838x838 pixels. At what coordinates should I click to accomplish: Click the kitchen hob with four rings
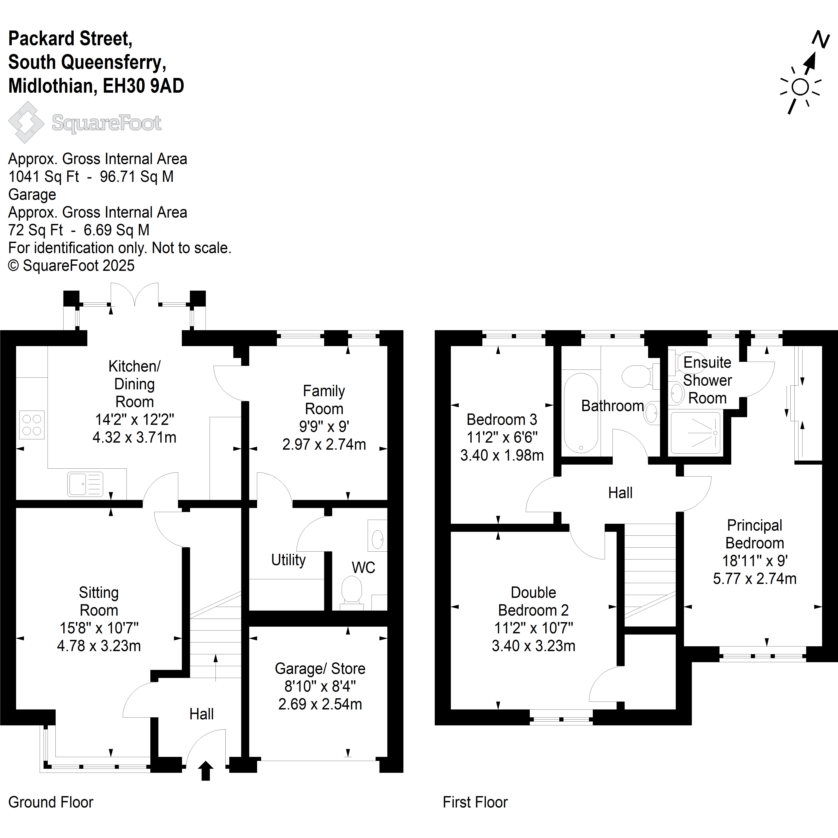[32, 425]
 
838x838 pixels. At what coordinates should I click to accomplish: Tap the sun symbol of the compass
[800, 87]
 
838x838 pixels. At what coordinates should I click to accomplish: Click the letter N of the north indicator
[821, 39]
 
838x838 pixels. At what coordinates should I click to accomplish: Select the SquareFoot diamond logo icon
[26, 122]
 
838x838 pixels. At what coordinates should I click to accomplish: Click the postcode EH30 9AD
[144, 86]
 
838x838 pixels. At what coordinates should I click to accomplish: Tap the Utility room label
[288, 560]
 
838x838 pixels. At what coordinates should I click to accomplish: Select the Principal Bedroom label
[755, 534]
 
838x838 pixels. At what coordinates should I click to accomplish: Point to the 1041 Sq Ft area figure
[44, 176]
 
